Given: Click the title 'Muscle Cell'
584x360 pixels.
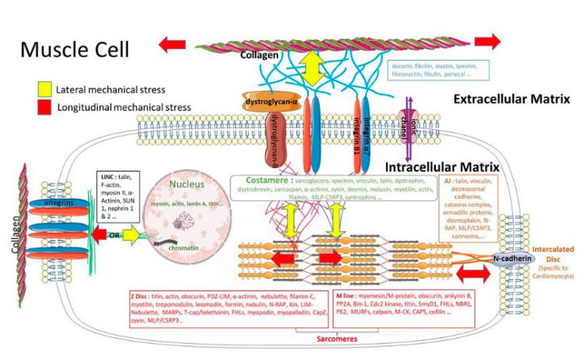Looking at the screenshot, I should pos(74,49).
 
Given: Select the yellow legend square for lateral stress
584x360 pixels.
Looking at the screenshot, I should pos(44,90).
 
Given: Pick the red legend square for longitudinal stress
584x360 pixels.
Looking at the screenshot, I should pos(44,107).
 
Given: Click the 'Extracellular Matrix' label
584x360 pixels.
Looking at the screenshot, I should pos(509,99).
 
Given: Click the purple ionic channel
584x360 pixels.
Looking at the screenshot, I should pos(407,120).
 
